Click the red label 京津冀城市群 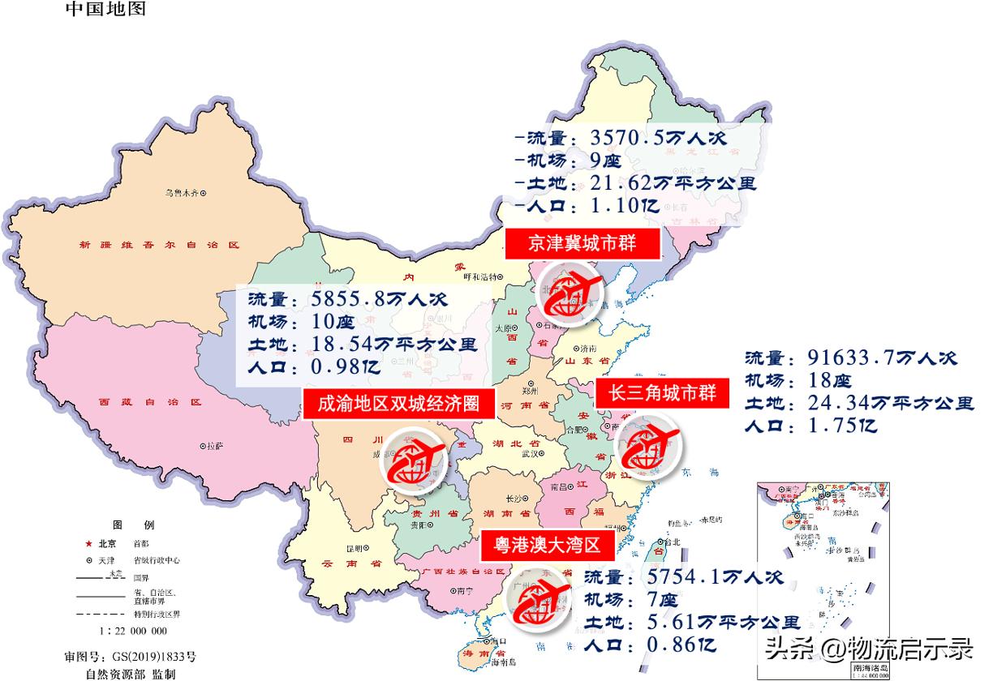582,243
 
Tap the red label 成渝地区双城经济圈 398,403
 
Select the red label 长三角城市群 663,393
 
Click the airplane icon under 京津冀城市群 572,298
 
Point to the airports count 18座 829,380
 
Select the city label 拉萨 213,446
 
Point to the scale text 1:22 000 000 133,631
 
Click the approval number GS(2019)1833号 153,655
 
